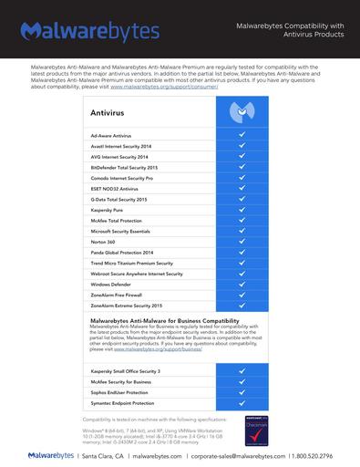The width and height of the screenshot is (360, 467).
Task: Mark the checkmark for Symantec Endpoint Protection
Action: (x=242, y=402)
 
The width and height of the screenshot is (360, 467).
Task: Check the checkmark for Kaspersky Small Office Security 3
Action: (x=242, y=371)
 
